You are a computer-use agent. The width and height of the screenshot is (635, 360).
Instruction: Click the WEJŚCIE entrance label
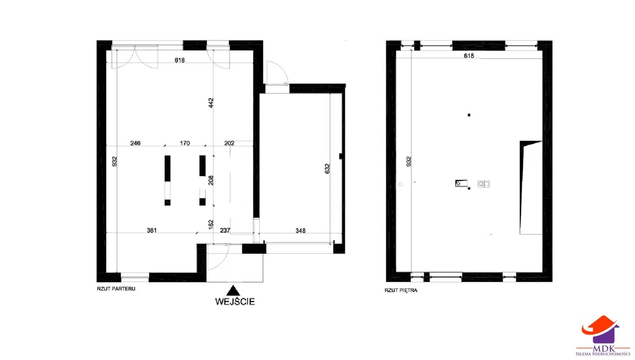pyautogui.click(x=235, y=301)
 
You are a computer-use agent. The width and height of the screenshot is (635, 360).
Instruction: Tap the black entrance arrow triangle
pyautogui.click(x=233, y=291)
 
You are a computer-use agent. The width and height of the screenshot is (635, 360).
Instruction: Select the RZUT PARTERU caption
pyautogui.click(x=116, y=289)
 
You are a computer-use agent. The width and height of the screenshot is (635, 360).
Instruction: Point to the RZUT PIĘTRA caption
pyautogui.click(x=401, y=290)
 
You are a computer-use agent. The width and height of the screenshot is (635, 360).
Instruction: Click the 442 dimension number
pyautogui.click(x=211, y=103)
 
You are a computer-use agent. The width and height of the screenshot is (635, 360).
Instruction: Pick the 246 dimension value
pyautogui.click(x=135, y=143)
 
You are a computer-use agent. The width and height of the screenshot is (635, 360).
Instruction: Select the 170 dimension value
pyautogui.click(x=185, y=143)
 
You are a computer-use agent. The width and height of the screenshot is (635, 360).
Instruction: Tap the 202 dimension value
pyautogui.click(x=229, y=143)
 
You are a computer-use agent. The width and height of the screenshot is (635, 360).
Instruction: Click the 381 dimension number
pyautogui.click(x=152, y=231)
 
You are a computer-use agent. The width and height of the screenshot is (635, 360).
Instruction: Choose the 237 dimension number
pyautogui.click(x=225, y=231)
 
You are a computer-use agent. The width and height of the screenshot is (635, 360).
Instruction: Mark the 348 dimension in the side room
pyautogui.click(x=301, y=231)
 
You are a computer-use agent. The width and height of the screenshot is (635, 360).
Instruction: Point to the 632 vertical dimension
pyautogui.click(x=327, y=169)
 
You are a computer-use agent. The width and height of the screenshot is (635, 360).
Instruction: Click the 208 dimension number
pyautogui.click(x=211, y=180)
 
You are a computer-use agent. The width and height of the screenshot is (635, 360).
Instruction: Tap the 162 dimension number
pyautogui.click(x=211, y=224)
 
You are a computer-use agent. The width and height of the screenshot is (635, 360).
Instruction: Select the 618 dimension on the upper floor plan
pyautogui.click(x=469, y=56)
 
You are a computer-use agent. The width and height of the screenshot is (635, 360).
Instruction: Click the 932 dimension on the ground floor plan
pyautogui.click(x=114, y=161)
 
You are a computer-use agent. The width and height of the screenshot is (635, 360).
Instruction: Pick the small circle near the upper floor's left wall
pyautogui.click(x=400, y=184)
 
